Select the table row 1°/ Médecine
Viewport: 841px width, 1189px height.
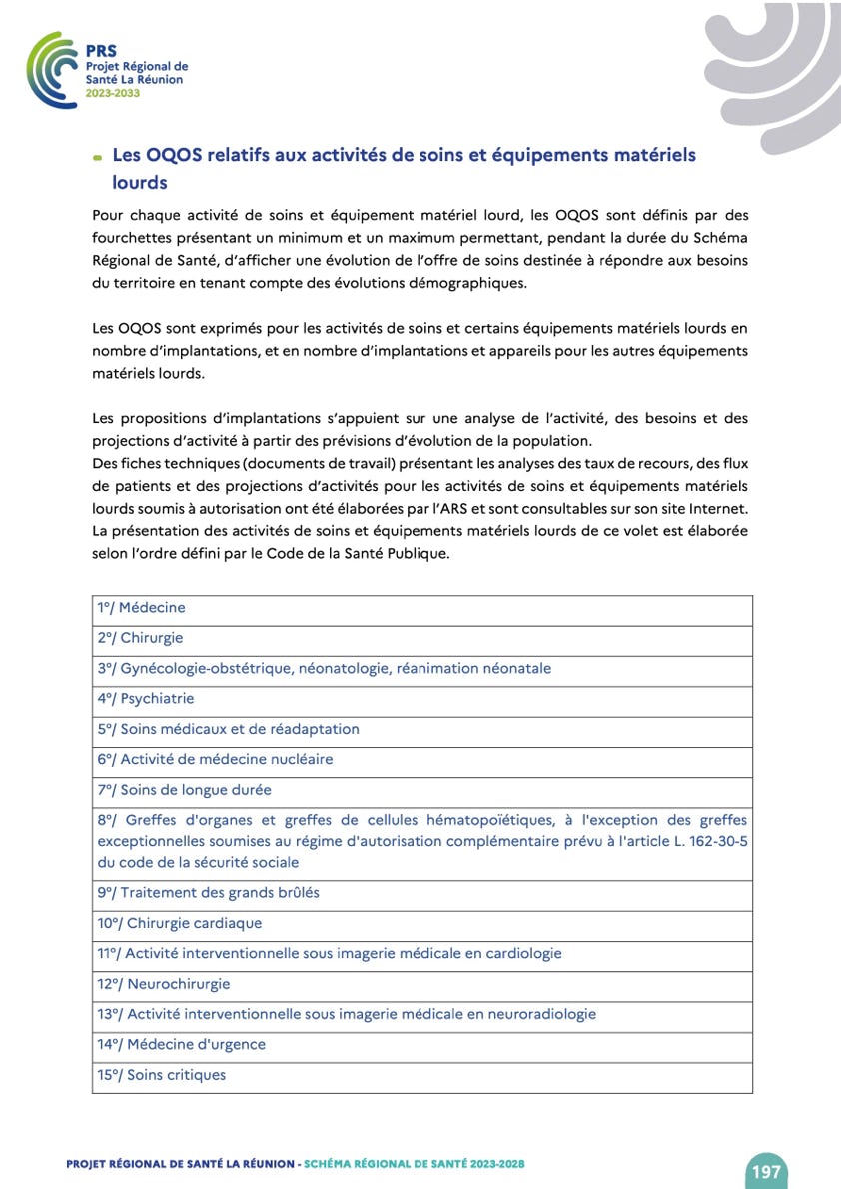point(141,608)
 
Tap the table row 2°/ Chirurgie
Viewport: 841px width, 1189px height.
point(140,638)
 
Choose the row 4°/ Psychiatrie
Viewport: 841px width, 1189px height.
point(146,699)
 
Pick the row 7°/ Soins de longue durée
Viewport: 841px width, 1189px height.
point(184,790)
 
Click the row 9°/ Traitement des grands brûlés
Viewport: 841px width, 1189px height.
point(208,892)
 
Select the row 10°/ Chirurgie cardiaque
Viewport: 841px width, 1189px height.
point(180,923)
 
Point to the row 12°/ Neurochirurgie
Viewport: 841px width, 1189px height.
point(164,984)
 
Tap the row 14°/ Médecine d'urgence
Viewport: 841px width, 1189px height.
point(182,1044)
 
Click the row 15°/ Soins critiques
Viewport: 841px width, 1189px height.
point(162,1075)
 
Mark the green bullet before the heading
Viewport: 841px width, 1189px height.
point(97,158)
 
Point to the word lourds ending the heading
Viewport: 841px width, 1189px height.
point(140,183)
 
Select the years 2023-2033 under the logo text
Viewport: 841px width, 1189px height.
point(113,92)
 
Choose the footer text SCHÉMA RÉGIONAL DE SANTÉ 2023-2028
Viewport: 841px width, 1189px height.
point(415,1164)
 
